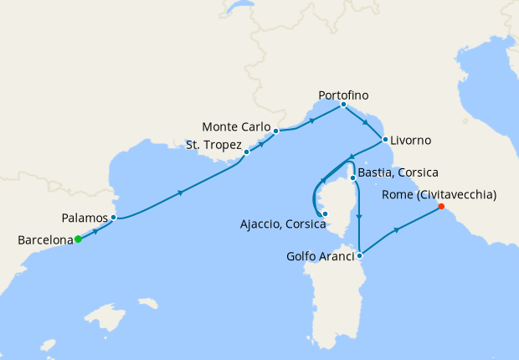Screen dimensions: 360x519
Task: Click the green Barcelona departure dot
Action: [78, 239]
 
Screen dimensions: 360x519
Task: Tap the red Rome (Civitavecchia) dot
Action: [441, 207]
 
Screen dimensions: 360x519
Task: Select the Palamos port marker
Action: [113, 218]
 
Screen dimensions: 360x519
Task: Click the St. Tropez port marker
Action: [246, 152]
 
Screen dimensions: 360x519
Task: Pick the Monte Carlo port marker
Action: [275, 131]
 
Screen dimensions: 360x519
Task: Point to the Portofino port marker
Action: [344, 105]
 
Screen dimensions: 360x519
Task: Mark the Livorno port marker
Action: [385, 140]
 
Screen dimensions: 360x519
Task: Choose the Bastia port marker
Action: [353, 178]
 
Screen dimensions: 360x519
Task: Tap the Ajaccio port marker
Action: [326, 213]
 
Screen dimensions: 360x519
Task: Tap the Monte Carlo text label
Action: [236, 128]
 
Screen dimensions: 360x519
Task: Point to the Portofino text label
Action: [343, 95]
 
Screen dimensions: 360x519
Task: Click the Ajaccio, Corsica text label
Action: [277, 224]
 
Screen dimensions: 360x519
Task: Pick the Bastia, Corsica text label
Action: [399, 172]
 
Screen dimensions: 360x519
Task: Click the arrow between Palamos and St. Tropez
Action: [181, 193]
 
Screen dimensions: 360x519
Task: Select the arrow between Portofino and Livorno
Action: [366, 123]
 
